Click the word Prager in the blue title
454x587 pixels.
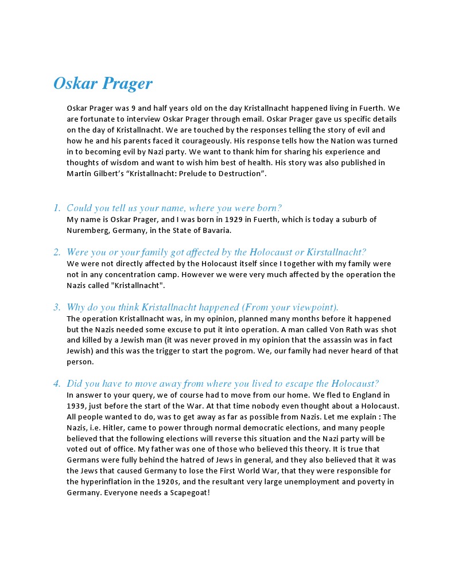pos(127,84)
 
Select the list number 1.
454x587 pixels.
pos(57,208)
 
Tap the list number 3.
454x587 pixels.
pos(57,307)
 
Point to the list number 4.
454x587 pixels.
pos(57,384)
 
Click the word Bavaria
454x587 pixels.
pos(215,231)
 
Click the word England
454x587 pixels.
pos(360,395)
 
